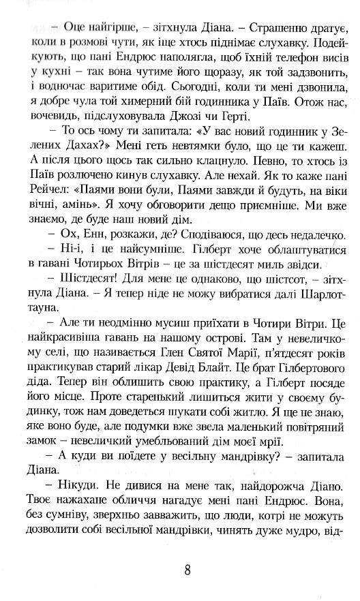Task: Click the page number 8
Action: (186, 569)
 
